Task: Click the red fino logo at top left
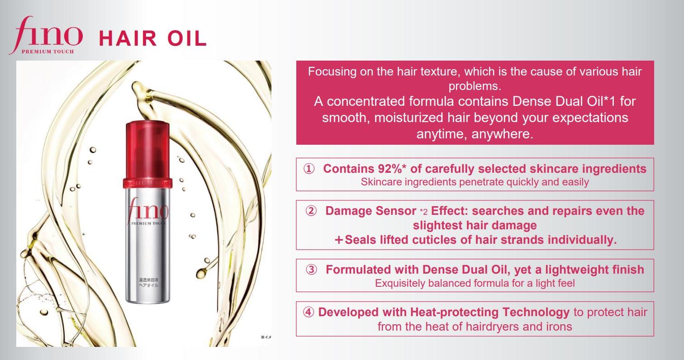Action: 45,35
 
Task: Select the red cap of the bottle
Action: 145,149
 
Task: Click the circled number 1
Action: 309,169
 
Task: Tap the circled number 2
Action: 311,211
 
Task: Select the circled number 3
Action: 311,270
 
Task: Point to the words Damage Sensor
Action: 370,211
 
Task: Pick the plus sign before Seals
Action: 339,240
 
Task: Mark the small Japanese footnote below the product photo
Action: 266,337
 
